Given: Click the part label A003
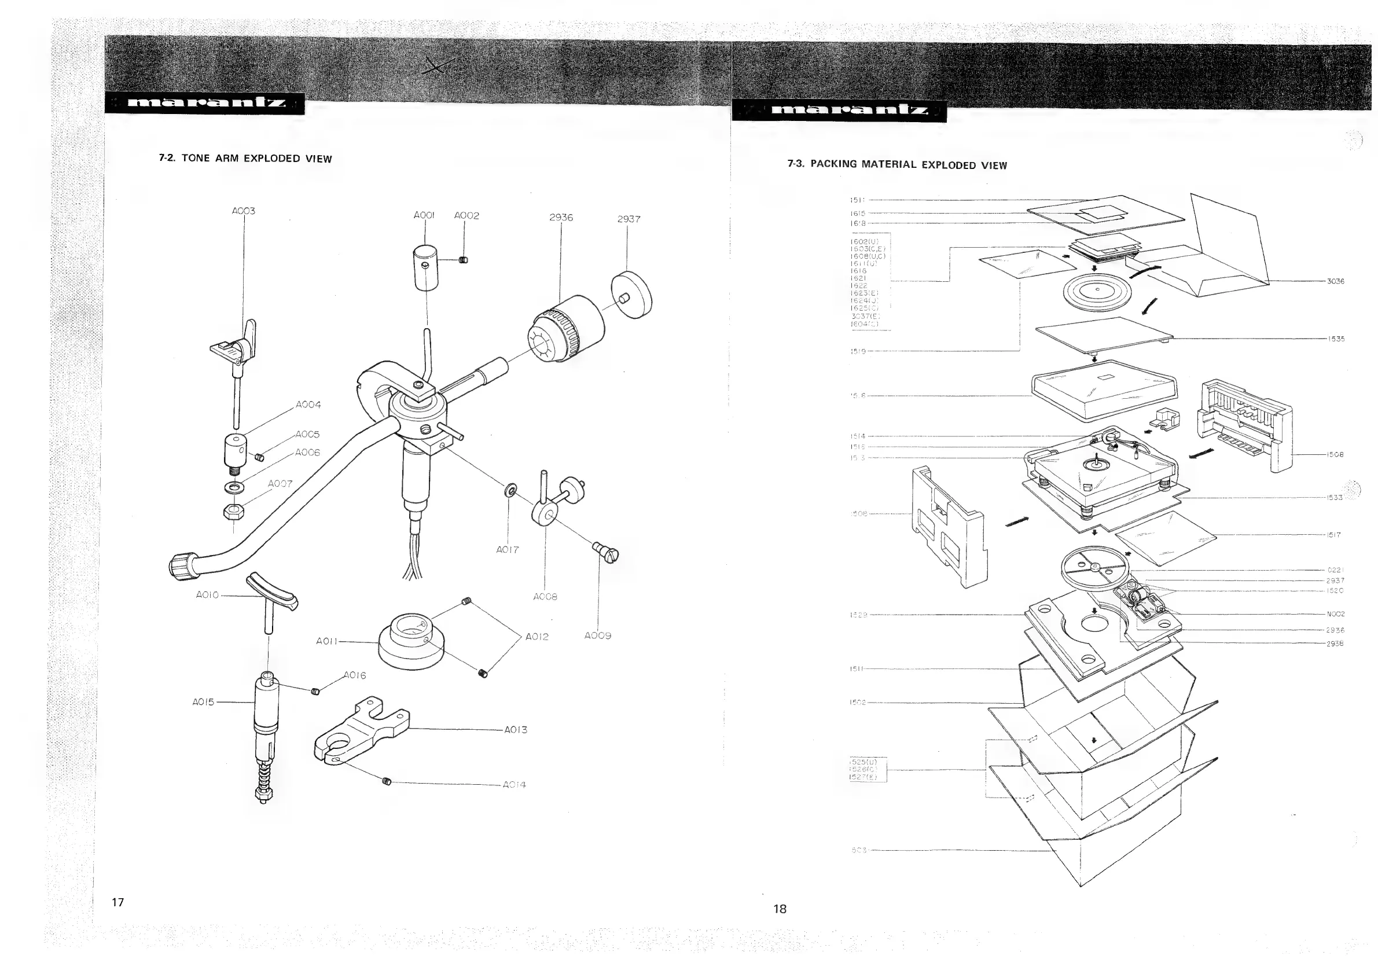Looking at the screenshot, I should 243,211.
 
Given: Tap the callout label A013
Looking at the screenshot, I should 515,730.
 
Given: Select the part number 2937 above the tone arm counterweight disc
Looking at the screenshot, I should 629,219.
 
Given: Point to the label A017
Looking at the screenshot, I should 507,549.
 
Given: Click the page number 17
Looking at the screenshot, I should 117,902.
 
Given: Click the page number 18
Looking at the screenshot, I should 780,909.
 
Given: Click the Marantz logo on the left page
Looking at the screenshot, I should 205,103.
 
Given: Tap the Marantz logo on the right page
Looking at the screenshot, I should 840,111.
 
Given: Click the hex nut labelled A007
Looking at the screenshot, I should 233,511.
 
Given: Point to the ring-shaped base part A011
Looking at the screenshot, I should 410,642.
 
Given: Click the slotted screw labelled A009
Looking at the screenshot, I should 606,552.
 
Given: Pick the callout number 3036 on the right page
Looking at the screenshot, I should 1335,281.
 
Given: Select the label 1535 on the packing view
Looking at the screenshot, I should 1335,339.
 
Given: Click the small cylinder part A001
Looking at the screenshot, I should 425,267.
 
